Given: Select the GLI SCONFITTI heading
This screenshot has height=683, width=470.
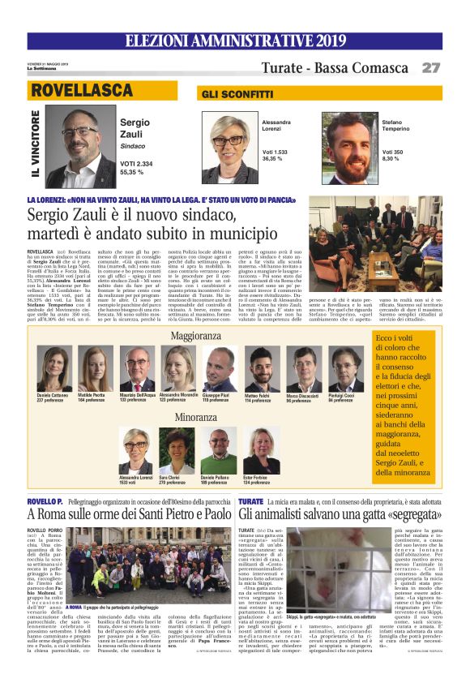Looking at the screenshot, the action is point(230,94).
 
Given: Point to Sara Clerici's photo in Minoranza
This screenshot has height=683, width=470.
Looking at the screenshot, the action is point(176,451).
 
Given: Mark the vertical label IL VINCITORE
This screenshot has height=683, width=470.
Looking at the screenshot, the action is point(34,146).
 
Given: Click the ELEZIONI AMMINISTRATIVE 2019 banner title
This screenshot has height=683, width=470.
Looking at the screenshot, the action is point(234,41).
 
